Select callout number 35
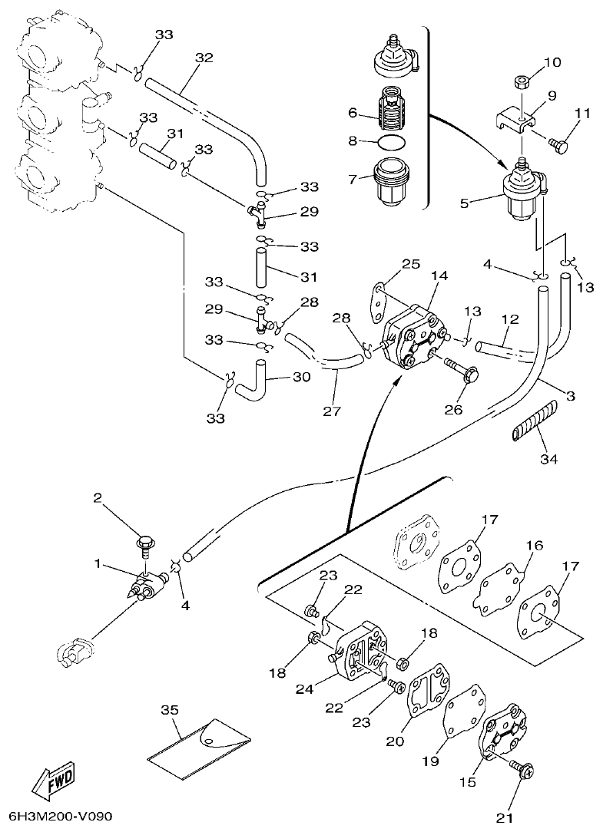[x=168, y=710]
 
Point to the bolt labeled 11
[x=556, y=141]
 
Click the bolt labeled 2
[x=145, y=542]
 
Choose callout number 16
[x=535, y=546]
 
